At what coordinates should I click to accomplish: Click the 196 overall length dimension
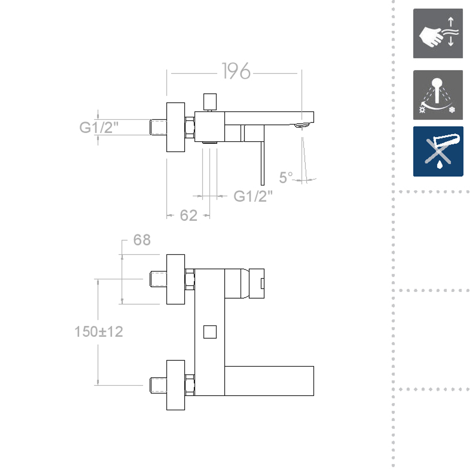click(236, 72)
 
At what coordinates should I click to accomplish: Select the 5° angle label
click(286, 178)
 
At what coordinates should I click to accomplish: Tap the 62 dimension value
click(188, 215)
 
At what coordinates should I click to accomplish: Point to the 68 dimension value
click(142, 240)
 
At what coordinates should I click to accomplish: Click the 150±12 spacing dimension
click(98, 332)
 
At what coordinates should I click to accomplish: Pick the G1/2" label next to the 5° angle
click(253, 196)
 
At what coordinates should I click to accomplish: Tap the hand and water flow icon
click(438, 33)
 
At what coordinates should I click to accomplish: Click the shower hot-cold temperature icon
click(438, 95)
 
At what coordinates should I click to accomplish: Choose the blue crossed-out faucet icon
click(438, 152)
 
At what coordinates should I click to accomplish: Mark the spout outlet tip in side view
click(301, 125)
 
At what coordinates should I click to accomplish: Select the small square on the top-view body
click(209, 332)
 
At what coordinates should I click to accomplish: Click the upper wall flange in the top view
click(176, 279)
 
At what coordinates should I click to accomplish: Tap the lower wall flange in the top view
click(176, 385)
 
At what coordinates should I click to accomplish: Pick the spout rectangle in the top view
click(269, 381)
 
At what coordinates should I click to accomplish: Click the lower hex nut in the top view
click(190, 385)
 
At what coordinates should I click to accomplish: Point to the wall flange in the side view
click(176, 127)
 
